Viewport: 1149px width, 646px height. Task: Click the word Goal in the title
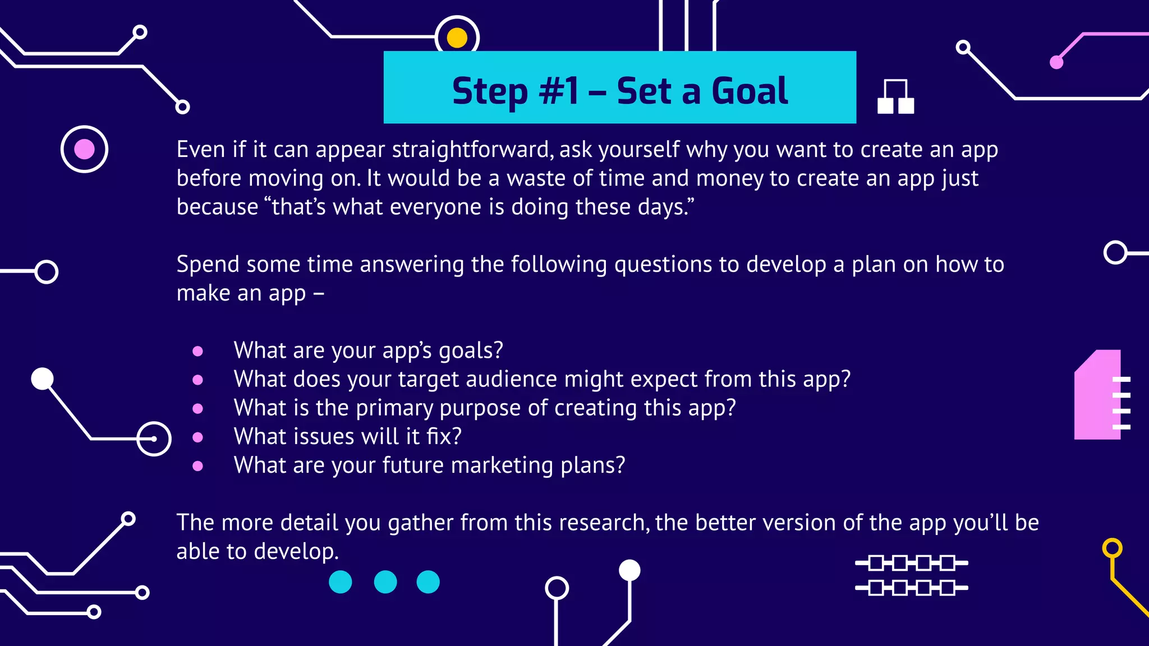[750, 91]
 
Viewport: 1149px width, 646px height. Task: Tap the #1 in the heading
[559, 91]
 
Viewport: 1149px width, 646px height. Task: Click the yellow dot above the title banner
[457, 38]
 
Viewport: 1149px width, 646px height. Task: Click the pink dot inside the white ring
[84, 149]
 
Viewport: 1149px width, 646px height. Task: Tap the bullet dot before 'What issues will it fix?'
[197, 437]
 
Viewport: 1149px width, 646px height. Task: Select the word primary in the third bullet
[394, 408]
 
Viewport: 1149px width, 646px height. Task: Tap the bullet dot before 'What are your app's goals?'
[197, 351]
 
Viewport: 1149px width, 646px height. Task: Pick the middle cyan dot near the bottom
[385, 582]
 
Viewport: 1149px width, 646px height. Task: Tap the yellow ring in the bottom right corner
[1112, 548]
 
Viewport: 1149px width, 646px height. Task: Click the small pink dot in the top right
[1056, 62]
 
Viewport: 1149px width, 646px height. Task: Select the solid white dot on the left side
[42, 379]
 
